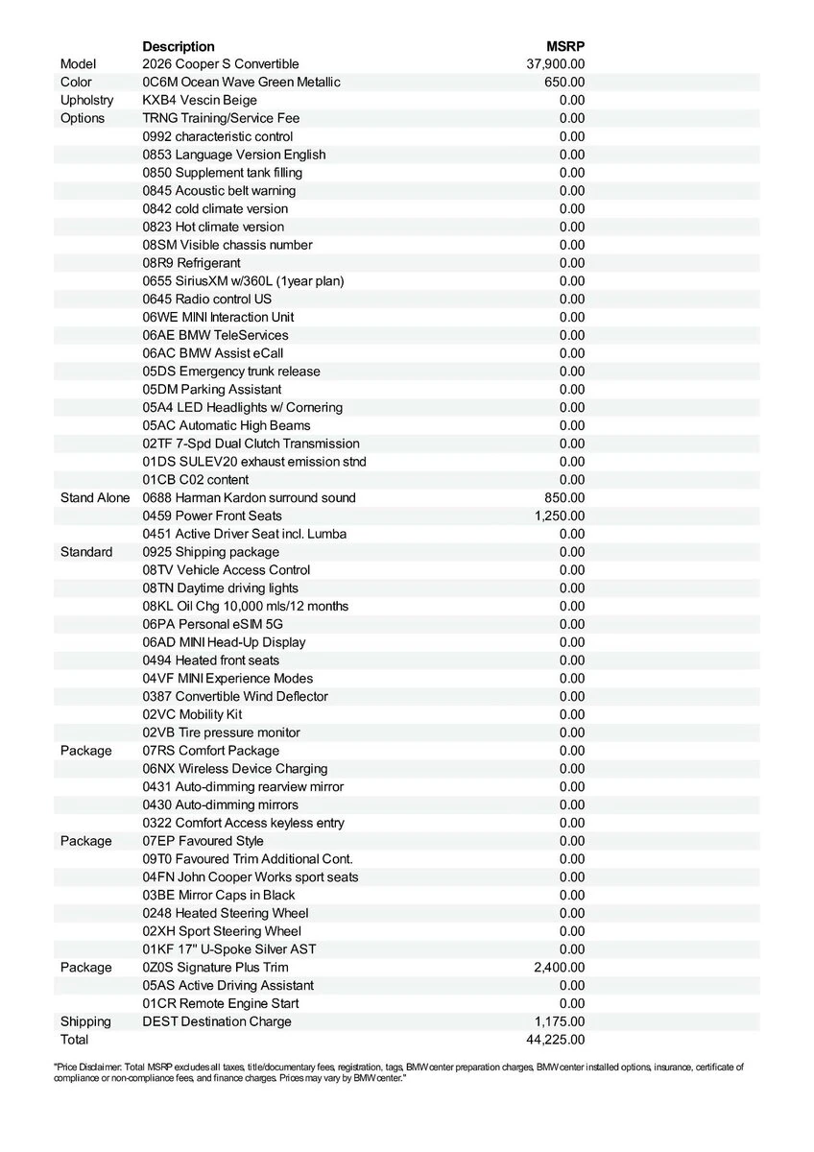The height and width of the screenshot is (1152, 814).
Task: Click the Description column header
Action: click(x=179, y=46)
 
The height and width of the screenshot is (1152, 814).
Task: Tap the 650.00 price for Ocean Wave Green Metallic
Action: click(x=564, y=83)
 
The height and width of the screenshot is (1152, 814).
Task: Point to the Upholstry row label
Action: click(x=86, y=101)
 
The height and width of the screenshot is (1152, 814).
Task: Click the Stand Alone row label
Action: click(x=95, y=498)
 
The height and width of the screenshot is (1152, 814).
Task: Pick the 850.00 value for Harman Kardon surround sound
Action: click(x=564, y=498)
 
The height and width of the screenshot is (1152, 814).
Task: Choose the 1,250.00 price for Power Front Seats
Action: click(x=560, y=516)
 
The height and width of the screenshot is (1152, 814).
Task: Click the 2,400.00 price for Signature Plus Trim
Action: click(x=560, y=968)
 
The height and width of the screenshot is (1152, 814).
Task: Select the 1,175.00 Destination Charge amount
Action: click(x=560, y=1021)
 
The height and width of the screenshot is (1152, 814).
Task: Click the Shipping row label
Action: click(x=85, y=1021)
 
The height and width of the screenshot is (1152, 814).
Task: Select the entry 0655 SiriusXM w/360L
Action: click(x=243, y=281)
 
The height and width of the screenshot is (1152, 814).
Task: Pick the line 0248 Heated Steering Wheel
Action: click(x=226, y=913)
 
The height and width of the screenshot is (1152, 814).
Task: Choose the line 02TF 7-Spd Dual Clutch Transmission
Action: click(x=251, y=444)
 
